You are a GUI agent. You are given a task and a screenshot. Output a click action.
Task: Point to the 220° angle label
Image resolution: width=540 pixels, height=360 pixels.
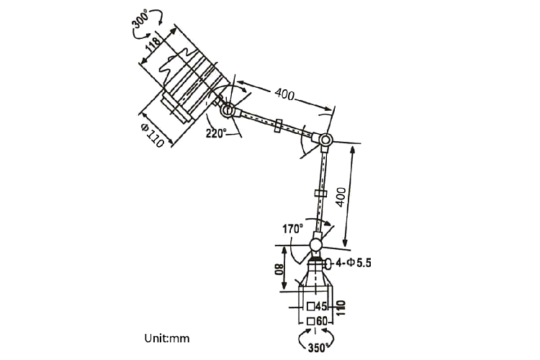[x=216, y=132]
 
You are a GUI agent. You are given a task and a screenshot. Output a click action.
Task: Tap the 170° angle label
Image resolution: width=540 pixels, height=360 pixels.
[x=292, y=230]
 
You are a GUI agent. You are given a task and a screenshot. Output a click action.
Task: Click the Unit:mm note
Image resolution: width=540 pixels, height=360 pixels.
[x=166, y=336]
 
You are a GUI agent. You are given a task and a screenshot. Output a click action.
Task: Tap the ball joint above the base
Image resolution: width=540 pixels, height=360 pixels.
[x=318, y=243]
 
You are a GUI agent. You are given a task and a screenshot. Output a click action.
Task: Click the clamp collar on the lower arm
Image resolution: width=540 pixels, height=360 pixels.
[x=321, y=194]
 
